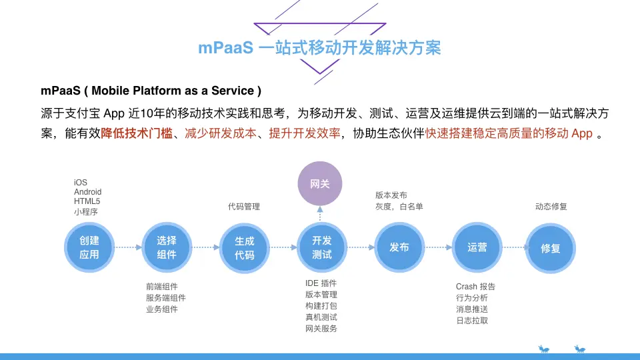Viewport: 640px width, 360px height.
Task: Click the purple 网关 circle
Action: [320, 184]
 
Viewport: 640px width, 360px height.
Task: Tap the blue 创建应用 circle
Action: [89, 247]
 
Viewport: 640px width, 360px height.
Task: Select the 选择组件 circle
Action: [167, 247]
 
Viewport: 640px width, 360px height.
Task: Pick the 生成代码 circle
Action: [245, 248]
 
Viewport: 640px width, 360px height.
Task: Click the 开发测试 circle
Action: [322, 247]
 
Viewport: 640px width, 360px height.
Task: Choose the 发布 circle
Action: [399, 247]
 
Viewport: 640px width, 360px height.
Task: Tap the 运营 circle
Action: [477, 247]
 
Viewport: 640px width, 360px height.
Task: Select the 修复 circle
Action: [551, 248]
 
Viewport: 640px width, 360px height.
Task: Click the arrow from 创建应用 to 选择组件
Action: [128, 247]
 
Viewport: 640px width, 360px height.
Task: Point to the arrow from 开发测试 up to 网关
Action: [320, 214]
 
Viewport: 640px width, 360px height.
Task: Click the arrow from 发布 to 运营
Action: [439, 247]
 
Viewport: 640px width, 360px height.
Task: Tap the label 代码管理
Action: [244, 207]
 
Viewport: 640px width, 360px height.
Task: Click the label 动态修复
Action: [551, 207]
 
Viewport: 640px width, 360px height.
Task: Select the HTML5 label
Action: [87, 201]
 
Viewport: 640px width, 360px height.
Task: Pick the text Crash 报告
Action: [475, 287]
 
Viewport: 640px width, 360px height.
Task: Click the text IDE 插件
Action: [321, 283]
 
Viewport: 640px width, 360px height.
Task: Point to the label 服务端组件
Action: [166, 298]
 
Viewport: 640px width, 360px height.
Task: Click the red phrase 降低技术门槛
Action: [137, 133]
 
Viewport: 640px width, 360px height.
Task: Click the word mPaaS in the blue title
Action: [226, 48]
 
